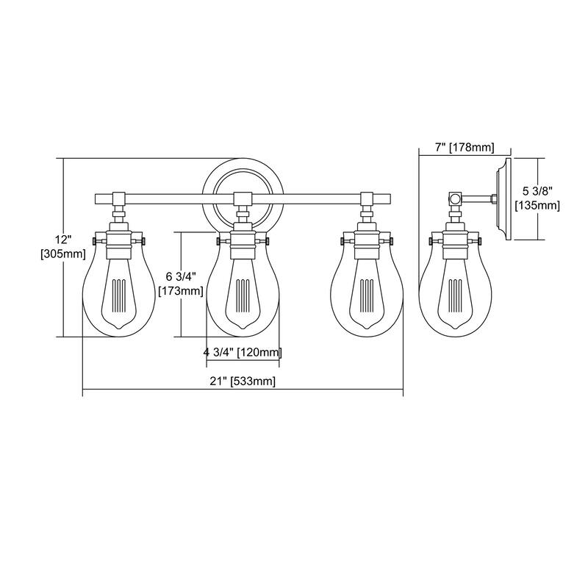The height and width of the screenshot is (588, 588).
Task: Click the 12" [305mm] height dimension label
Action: pyautogui.click(x=63, y=247)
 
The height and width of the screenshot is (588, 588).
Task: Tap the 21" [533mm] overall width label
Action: pyautogui.click(x=243, y=381)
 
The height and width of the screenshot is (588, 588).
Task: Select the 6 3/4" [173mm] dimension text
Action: pyautogui.click(x=181, y=284)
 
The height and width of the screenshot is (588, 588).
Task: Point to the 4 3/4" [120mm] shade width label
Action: pyautogui.click(x=243, y=352)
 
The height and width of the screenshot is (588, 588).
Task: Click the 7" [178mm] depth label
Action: pyautogui.click(x=465, y=148)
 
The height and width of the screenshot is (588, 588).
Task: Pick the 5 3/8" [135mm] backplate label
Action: pyautogui.click(x=538, y=198)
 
